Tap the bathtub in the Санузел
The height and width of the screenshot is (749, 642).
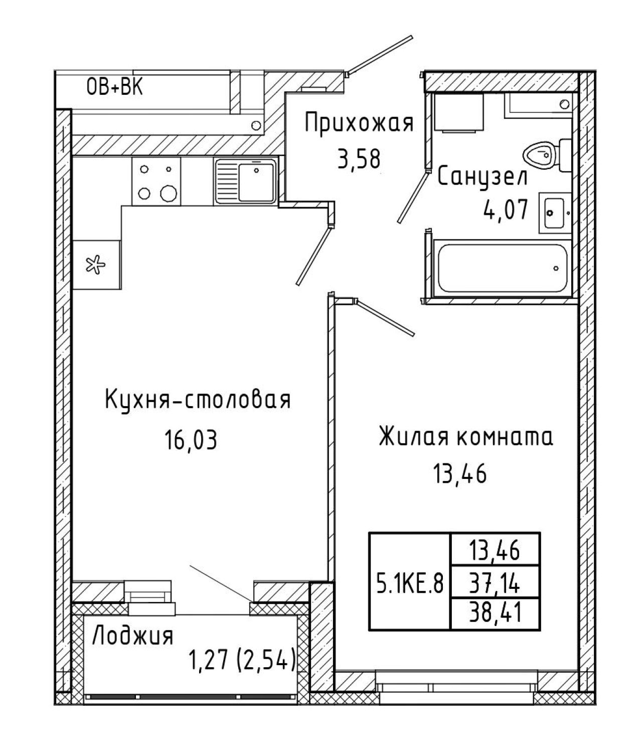click(x=502, y=268)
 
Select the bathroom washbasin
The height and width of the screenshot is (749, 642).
click(x=554, y=213)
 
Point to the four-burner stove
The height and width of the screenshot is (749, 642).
click(x=156, y=181)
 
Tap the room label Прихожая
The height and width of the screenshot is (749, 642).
click(x=359, y=123)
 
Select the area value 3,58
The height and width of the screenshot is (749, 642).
click(x=359, y=159)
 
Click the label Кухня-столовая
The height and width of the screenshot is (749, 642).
click(x=198, y=400)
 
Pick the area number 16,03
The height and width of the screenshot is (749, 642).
click(x=191, y=440)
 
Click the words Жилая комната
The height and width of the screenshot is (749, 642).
click(x=466, y=437)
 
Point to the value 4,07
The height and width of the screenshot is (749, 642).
click(x=505, y=210)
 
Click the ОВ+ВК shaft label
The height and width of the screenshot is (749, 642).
click(x=115, y=87)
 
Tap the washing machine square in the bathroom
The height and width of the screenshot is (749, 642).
click(x=459, y=112)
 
